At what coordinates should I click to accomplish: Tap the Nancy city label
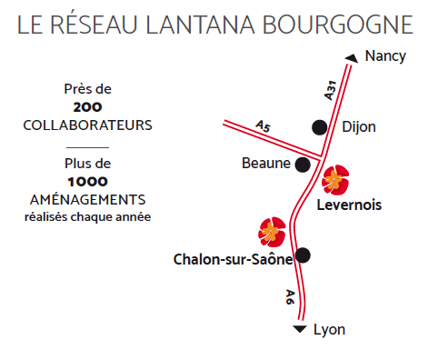pyautogui.click(x=384, y=56)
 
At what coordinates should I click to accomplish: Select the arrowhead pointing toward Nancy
pyautogui.click(x=350, y=60)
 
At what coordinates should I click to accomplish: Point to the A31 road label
pyautogui.click(x=331, y=88)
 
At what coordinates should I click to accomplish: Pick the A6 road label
pyautogui.click(x=290, y=296)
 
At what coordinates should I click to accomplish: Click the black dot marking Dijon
pyautogui.click(x=320, y=127)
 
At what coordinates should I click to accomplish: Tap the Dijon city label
pyautogui.click(x=359, y=127)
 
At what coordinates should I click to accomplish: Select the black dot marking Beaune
pyautogui.click(x=304, y=165)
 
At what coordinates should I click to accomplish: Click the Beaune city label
pyautogui.click(x=265, y=165)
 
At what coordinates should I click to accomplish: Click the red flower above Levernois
pyautogui.click(x=335, y=179)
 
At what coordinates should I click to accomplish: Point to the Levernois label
pyautogui.click(x=349, y=205)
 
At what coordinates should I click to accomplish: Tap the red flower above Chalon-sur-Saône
pyautogui.click(x=272, y=231)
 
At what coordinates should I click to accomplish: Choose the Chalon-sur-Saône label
pyautogui.click(x=233, y=259)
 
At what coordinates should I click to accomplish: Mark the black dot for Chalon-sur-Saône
pyautogui.click(x=304, y=255)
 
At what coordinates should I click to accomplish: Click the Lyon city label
pyautogui.click(x=329, y=329)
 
